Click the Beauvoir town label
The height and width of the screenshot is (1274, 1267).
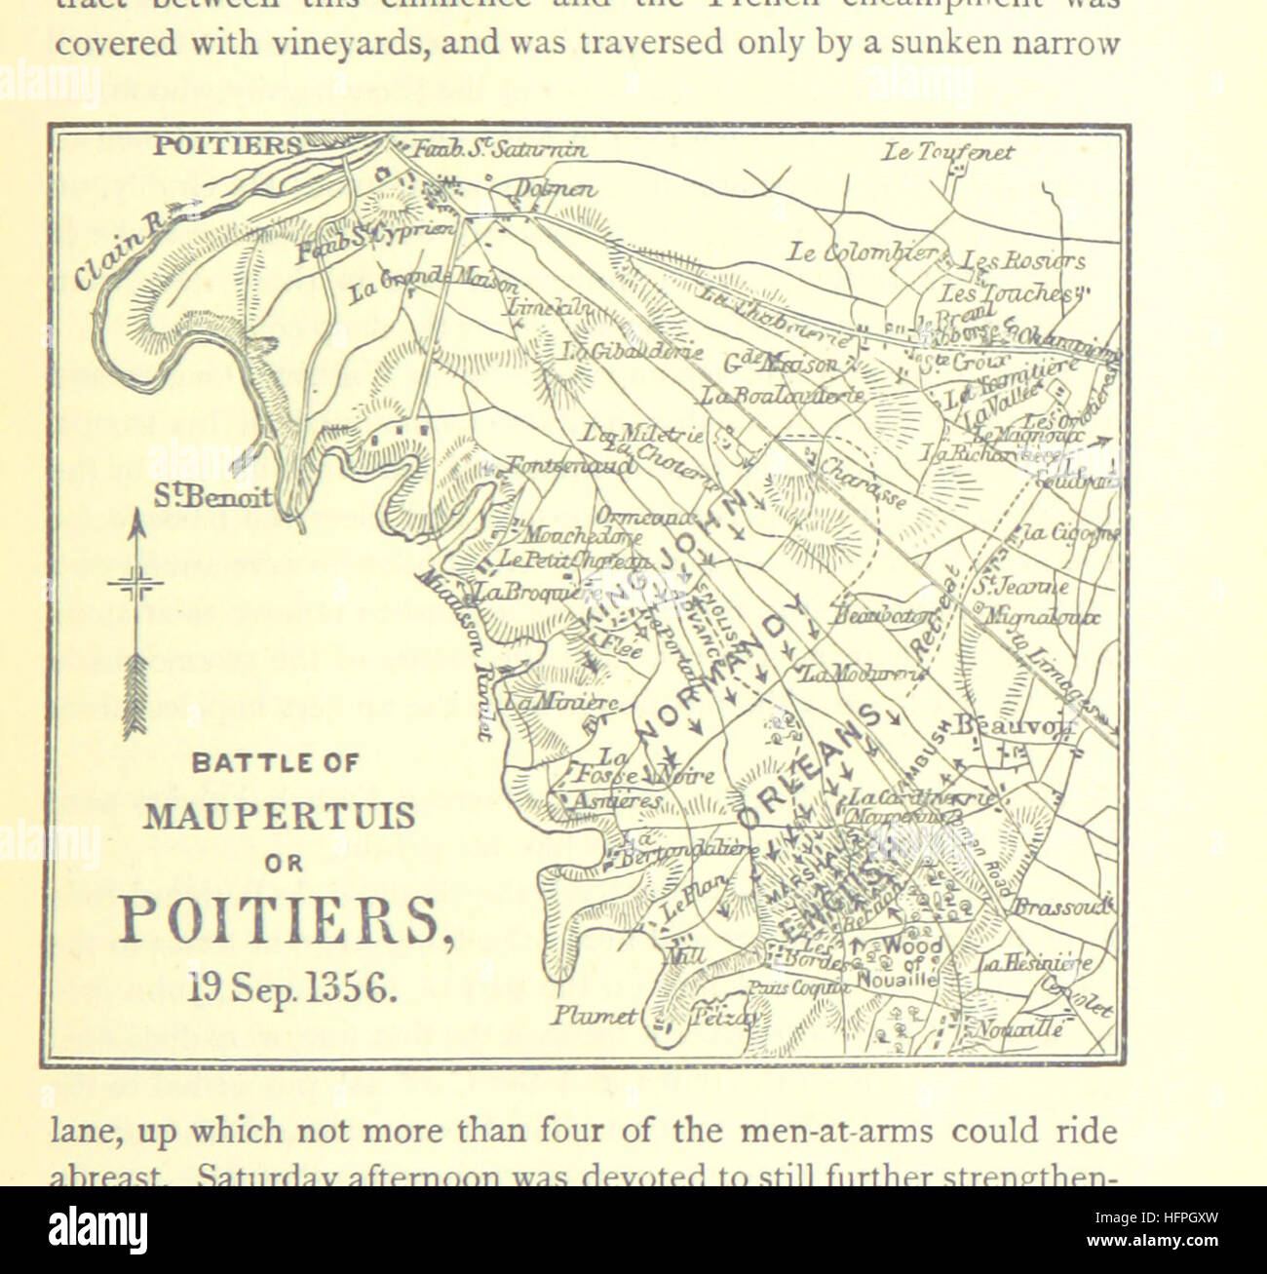coord(1013,725)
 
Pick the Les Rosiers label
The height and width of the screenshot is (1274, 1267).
coord(1022,261)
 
